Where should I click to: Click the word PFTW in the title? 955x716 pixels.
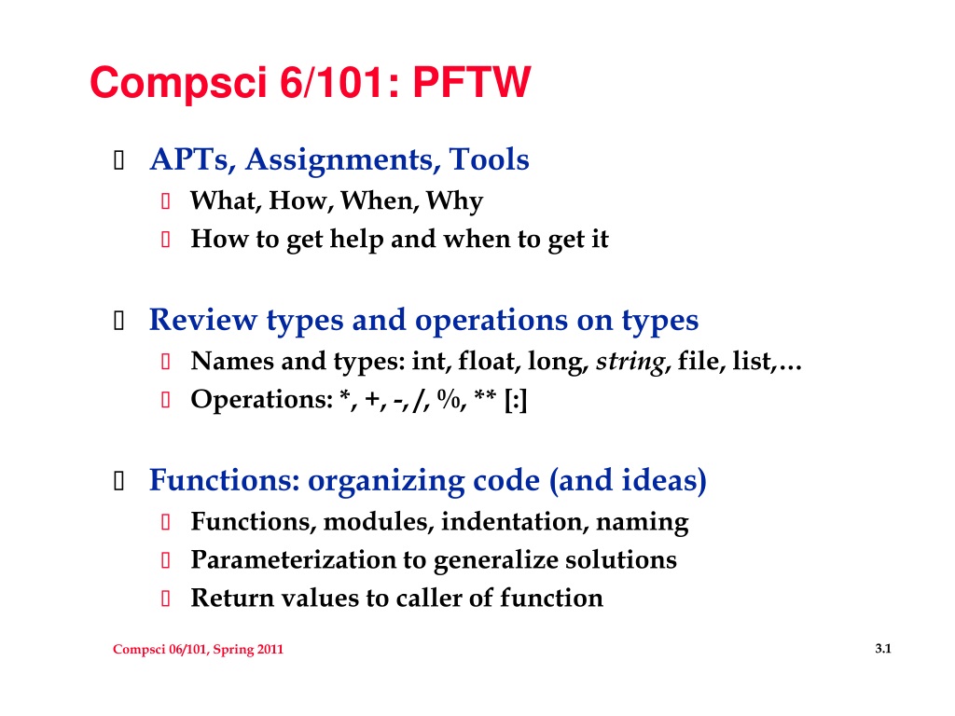[471, 82]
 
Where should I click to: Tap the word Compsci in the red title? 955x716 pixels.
[178, 84]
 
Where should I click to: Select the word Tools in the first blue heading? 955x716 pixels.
[489, 158]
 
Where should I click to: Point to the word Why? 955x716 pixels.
[454, 201]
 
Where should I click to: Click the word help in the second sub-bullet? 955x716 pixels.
[356, 239]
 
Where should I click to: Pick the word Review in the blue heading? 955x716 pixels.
[202, 320]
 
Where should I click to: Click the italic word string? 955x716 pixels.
[630, 362]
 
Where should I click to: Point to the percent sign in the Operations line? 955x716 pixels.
[449, 399]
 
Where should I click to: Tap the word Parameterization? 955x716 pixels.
[293, 560]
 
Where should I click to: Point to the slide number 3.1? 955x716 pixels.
[882, 649]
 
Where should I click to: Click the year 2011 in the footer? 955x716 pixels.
[270, 649]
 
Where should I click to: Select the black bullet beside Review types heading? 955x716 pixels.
[119, 321]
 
